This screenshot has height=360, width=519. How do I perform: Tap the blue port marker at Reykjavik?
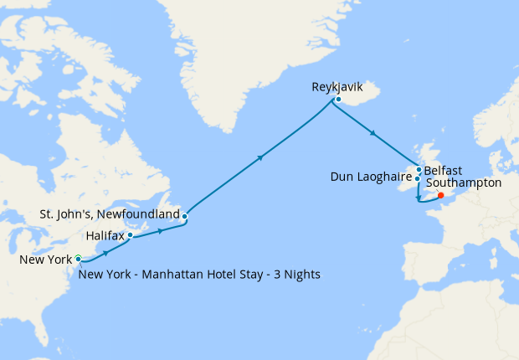[x=337, y=100]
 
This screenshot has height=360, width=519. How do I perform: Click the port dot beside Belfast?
[x=419, y=169]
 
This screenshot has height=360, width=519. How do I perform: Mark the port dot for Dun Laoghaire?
[x=417, y=178]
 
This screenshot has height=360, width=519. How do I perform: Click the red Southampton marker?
[x=441, y=197]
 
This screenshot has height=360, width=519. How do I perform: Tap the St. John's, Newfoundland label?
[x=110, y=215]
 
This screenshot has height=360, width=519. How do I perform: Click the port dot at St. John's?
[x=184, y=217]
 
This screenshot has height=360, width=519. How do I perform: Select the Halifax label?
[x=105, y=236]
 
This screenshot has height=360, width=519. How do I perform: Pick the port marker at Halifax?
[x=131, y=235]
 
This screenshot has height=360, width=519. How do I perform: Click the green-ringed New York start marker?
[x=78, y=259]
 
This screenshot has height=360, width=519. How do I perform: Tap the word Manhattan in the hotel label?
[x=176, y=274]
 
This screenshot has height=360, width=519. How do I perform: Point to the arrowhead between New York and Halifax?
[x=105, y=253]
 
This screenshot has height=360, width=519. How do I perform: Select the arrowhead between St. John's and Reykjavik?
[x=262, y=157]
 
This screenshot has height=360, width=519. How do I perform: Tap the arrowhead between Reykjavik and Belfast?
[x=372, y=132]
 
